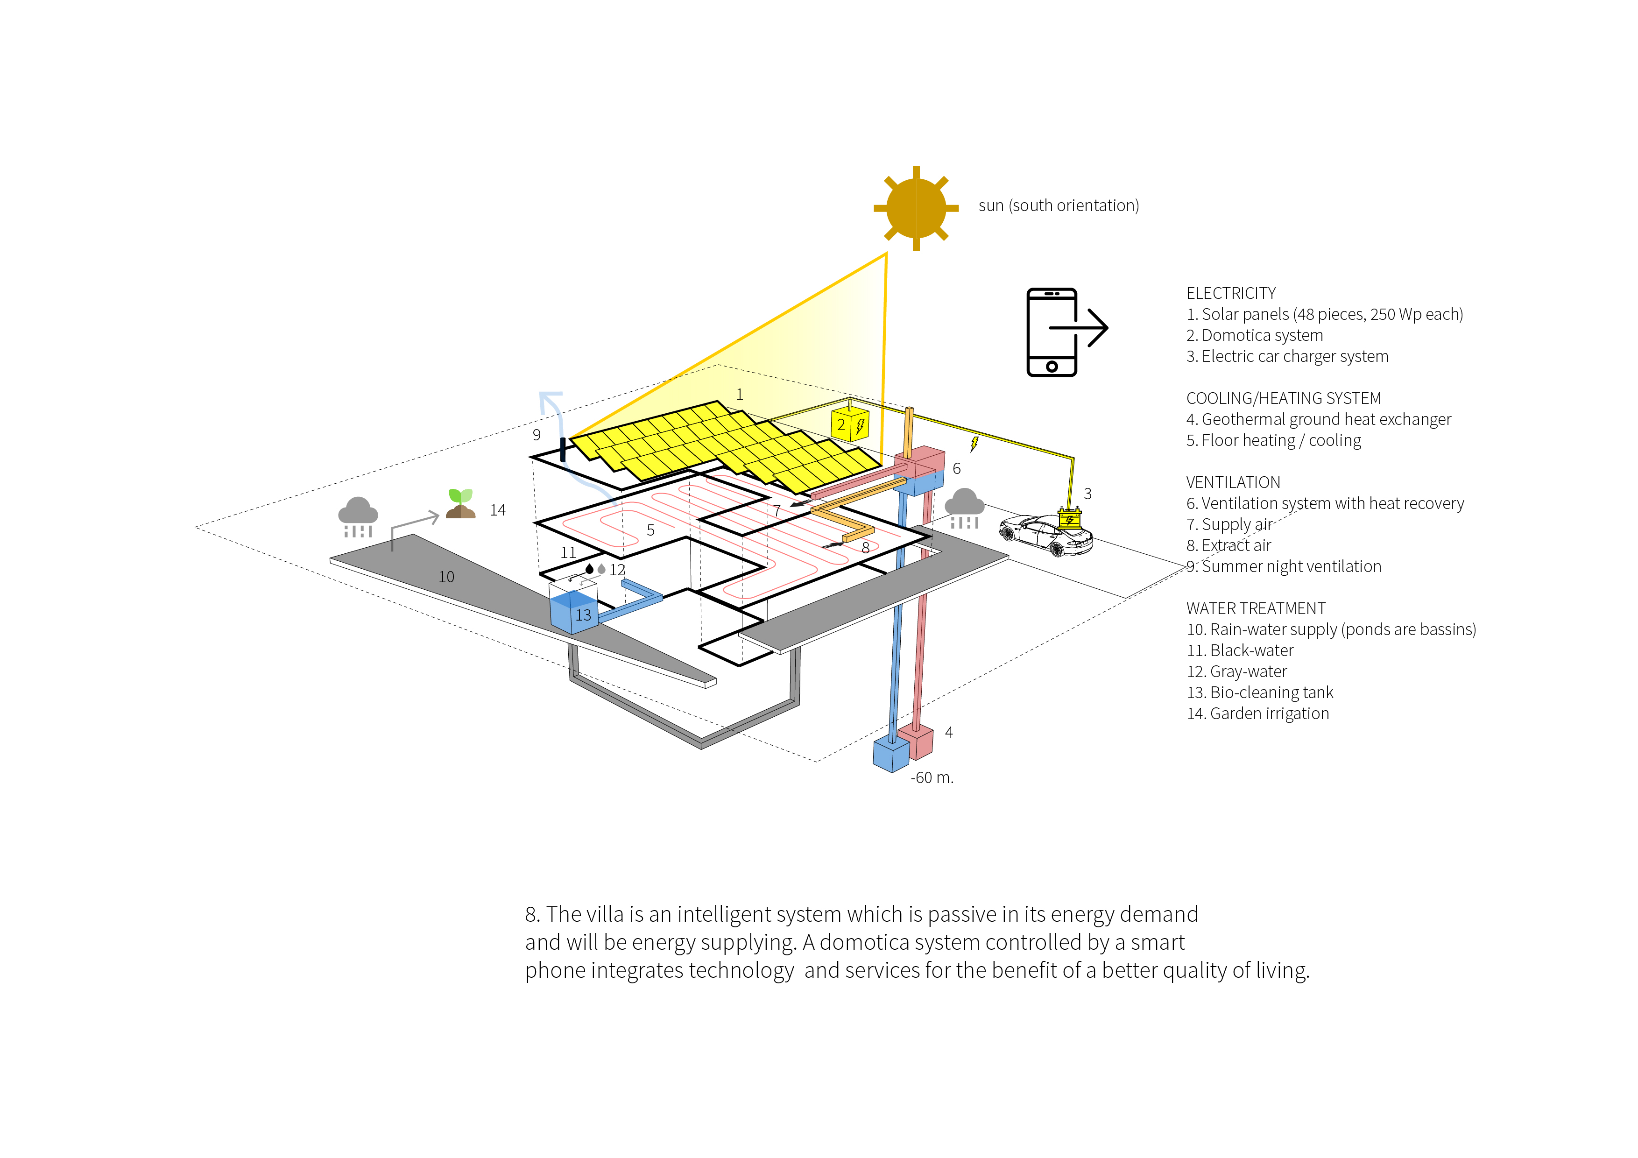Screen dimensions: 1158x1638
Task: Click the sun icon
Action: tap(916, 208)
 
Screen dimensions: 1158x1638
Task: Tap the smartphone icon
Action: tap(1052, 332)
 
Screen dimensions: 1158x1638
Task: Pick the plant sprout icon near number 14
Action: tap(461, 503)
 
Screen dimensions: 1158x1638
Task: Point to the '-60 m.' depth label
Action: tap(932, 778)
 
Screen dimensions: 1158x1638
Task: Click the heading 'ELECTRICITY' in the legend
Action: tap(1231, 293)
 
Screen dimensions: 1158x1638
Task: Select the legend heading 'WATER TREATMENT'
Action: tap(1256, 608)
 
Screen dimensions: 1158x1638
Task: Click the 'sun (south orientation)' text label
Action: tap(1059, 205)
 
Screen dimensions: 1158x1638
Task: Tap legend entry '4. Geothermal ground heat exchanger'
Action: tap(1319, 419)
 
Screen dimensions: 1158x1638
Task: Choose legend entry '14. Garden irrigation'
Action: tap(1258, 713)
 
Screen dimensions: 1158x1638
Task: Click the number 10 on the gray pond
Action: tap(446, 577)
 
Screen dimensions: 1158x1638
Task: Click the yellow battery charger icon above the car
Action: tap(1069, 517)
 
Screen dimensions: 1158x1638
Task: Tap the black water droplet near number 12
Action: tap(589, 569)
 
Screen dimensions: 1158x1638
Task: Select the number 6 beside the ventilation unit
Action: tap(957, 469)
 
